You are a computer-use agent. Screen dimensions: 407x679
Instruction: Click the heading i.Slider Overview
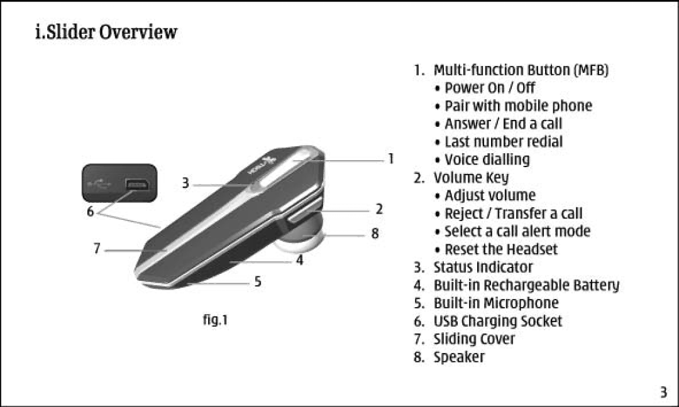(106, 32)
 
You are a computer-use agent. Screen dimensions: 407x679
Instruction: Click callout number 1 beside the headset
(390, 159)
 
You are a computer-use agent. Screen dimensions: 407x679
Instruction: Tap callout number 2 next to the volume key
(380, 209)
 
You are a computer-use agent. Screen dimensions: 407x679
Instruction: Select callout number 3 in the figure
(185, 183)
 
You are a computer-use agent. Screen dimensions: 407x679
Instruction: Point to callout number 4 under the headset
(300, 259)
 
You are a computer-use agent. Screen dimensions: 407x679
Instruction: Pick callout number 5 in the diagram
(258, 282)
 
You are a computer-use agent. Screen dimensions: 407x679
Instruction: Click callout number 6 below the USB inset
(90, 212)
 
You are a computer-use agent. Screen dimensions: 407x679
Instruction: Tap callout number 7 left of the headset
(97, 249)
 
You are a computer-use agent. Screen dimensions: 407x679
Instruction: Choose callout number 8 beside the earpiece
(375, 234)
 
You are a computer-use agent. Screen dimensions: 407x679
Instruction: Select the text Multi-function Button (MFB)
(521, 70)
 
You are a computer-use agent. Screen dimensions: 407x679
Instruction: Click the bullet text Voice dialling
(487, 160)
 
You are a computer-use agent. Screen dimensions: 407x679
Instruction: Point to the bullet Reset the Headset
(501, 249)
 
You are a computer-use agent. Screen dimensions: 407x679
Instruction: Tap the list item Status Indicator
(483, 268)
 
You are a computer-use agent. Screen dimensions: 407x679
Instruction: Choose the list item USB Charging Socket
(497, 322)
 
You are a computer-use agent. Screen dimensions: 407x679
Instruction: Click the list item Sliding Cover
(473, 339)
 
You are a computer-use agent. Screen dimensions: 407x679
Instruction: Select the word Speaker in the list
(459, 357)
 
